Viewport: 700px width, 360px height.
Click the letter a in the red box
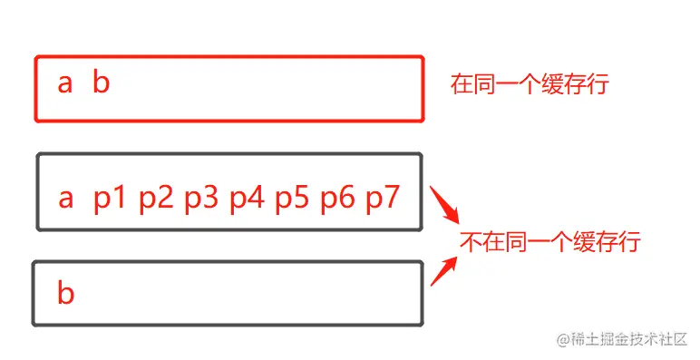[64, 84]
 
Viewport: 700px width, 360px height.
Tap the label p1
[109, 198]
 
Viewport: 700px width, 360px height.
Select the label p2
[154, 198]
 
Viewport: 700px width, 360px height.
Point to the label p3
[199, 198]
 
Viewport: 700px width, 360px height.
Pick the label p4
[246, 198]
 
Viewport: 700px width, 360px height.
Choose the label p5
[291, 198]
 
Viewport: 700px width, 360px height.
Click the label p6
[336, 198]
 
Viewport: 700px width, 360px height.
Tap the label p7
[382, 198]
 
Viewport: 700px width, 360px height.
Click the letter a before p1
[65, 199]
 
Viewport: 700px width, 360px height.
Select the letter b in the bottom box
[65, 292]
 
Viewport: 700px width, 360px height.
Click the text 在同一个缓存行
[530, 85]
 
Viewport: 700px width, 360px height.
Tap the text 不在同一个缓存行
[550, 242]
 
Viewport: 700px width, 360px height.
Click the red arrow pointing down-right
[442, 207]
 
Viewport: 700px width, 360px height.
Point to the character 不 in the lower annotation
[470, 242]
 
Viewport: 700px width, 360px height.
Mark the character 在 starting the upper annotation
[462, 85]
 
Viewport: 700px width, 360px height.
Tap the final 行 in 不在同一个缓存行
[631, 242]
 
